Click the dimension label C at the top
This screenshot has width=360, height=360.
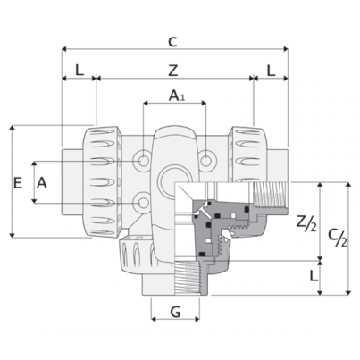172,42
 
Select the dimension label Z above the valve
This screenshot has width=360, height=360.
173,71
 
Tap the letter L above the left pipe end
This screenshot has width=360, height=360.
80,71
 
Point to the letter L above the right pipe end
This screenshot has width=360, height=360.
271,71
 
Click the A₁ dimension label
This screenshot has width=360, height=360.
177,96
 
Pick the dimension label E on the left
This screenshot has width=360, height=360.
18,182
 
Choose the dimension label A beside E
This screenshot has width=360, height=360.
42,182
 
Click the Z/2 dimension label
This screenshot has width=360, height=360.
306,223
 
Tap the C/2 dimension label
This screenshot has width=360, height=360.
338,239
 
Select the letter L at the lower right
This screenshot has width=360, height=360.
314,276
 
